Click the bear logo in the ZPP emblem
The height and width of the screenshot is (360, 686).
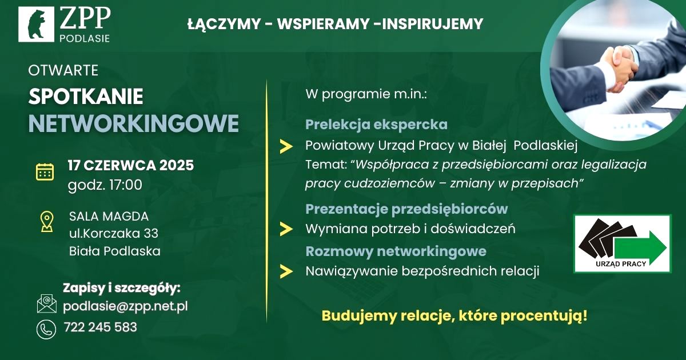point(37,24)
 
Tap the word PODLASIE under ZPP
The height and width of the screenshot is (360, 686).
point(85,39)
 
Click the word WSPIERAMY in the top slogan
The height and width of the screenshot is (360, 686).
point(323,24)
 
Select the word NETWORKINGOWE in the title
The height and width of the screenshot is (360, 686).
point(134,123)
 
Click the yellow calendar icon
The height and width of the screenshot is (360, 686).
point(45,172)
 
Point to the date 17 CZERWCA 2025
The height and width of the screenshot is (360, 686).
point(131,165)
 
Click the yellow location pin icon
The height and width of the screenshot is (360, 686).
point(47,222)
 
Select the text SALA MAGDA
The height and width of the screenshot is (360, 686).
point(109,217)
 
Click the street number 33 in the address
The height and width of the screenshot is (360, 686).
point(151,234)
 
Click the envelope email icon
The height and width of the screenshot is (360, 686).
point(46,303)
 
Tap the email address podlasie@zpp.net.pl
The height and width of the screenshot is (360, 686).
point(125,306)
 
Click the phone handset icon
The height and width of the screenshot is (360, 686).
point(46,329)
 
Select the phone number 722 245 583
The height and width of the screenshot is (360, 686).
point(101,327)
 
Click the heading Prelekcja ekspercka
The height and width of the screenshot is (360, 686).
point(376,125)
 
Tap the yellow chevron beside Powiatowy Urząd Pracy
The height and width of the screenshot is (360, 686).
point(286,146)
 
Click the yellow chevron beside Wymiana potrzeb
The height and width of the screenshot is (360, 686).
point(286,229)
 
